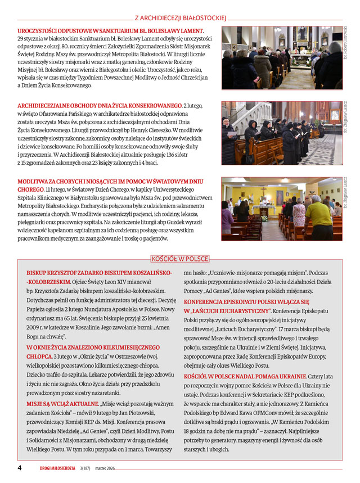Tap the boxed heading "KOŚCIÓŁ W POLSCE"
180,259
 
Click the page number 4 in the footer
20,468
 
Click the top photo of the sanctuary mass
281,58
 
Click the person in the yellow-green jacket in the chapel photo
319,216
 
